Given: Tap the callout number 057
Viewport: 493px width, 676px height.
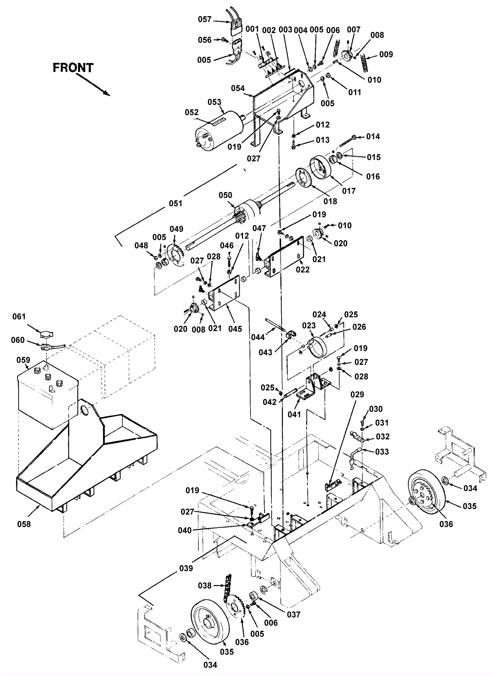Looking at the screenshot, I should coord(205,19).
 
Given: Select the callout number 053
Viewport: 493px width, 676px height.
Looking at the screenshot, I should coord(214,102).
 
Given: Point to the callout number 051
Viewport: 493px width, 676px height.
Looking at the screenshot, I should coord(176,203).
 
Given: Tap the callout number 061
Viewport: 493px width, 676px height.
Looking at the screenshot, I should coord(19,316).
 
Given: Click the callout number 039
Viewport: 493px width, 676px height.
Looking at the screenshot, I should coord(186,568).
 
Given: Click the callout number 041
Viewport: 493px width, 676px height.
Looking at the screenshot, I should coord(294,415).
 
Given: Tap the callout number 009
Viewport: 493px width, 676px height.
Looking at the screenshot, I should coord(386,54).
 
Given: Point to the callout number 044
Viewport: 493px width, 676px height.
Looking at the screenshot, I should coord(258,337).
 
